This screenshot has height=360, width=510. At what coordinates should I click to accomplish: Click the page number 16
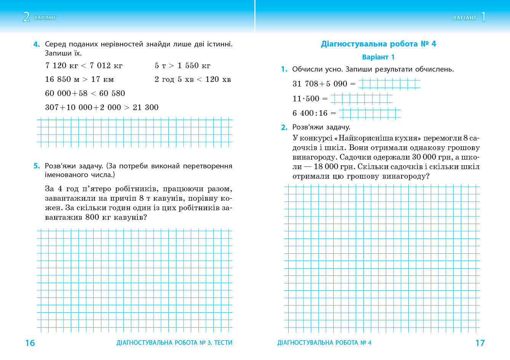point(30,343)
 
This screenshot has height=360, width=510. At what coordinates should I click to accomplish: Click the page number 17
point(480,343)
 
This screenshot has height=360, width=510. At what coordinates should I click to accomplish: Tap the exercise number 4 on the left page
point(36,45)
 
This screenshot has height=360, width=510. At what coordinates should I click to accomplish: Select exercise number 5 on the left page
point(36,166)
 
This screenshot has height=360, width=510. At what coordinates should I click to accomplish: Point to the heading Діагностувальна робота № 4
point(378,44)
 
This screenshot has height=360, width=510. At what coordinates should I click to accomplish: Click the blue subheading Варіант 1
point(378,57)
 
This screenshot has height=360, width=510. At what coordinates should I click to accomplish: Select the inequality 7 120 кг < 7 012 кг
point(84,66)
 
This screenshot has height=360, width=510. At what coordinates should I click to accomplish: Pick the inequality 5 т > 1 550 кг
point(182,66)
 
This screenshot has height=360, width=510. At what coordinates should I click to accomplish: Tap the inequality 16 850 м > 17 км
point(79,79)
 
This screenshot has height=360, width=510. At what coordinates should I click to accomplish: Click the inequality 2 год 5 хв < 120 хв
point(193,79)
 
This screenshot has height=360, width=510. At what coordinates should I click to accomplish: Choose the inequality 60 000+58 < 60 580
point(85,93)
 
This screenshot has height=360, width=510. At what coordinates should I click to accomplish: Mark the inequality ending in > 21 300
point(102,107)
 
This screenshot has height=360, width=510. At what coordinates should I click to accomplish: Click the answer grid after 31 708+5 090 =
point(389,84)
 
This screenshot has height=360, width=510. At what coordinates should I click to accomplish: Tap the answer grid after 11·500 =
point(361,99)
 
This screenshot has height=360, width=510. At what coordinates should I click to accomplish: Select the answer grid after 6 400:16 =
point(370,114)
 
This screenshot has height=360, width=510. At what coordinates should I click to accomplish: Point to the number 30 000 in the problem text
point(424,157)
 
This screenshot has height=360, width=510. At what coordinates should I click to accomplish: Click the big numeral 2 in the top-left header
point(26,17)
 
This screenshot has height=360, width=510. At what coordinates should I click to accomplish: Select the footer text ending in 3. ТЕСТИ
point(174,343)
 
